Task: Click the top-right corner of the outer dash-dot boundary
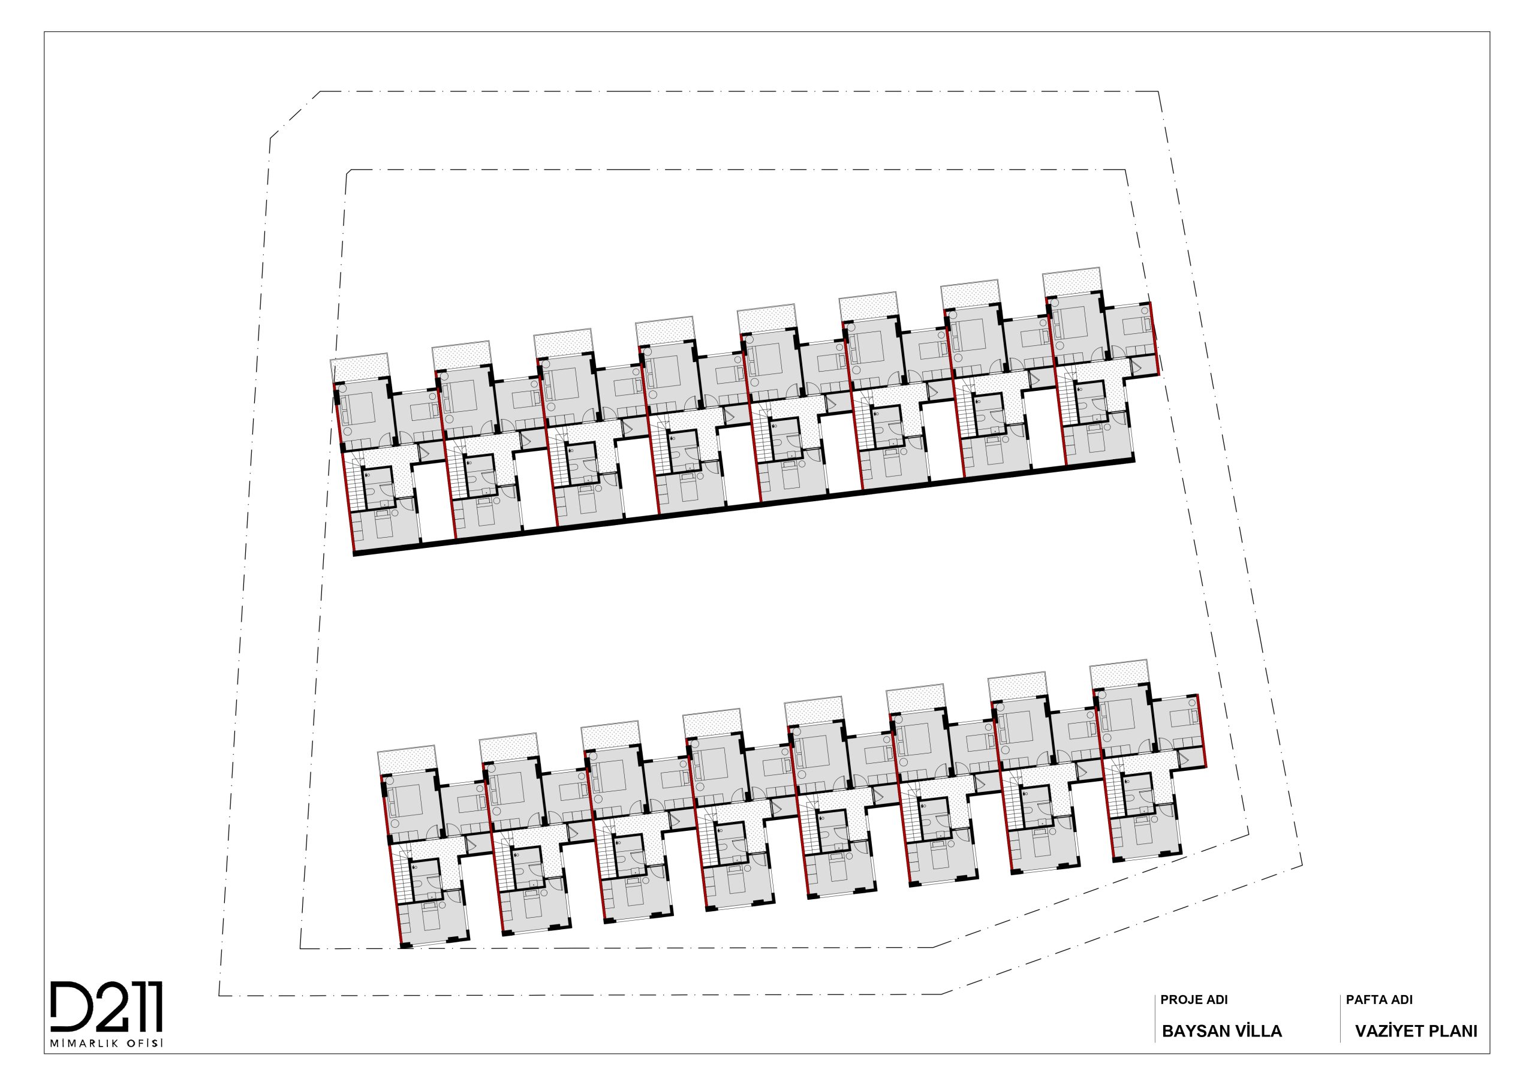pos(1158,92)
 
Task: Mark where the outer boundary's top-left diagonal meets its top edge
pos(320,92)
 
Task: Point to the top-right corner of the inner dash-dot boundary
pos(1125,170)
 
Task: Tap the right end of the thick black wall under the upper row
pos(1134,460)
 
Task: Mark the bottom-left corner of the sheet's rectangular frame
pos(45,1054)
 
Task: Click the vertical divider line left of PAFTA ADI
pos(1341,1018)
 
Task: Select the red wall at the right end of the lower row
pos(1202,731)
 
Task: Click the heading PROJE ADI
pos(1194,1000)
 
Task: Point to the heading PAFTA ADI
pos(1379,1000)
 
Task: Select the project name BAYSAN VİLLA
pos(1222,1031)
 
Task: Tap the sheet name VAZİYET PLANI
pos(1416,1031)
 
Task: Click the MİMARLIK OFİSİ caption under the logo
pos(107,1044)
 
